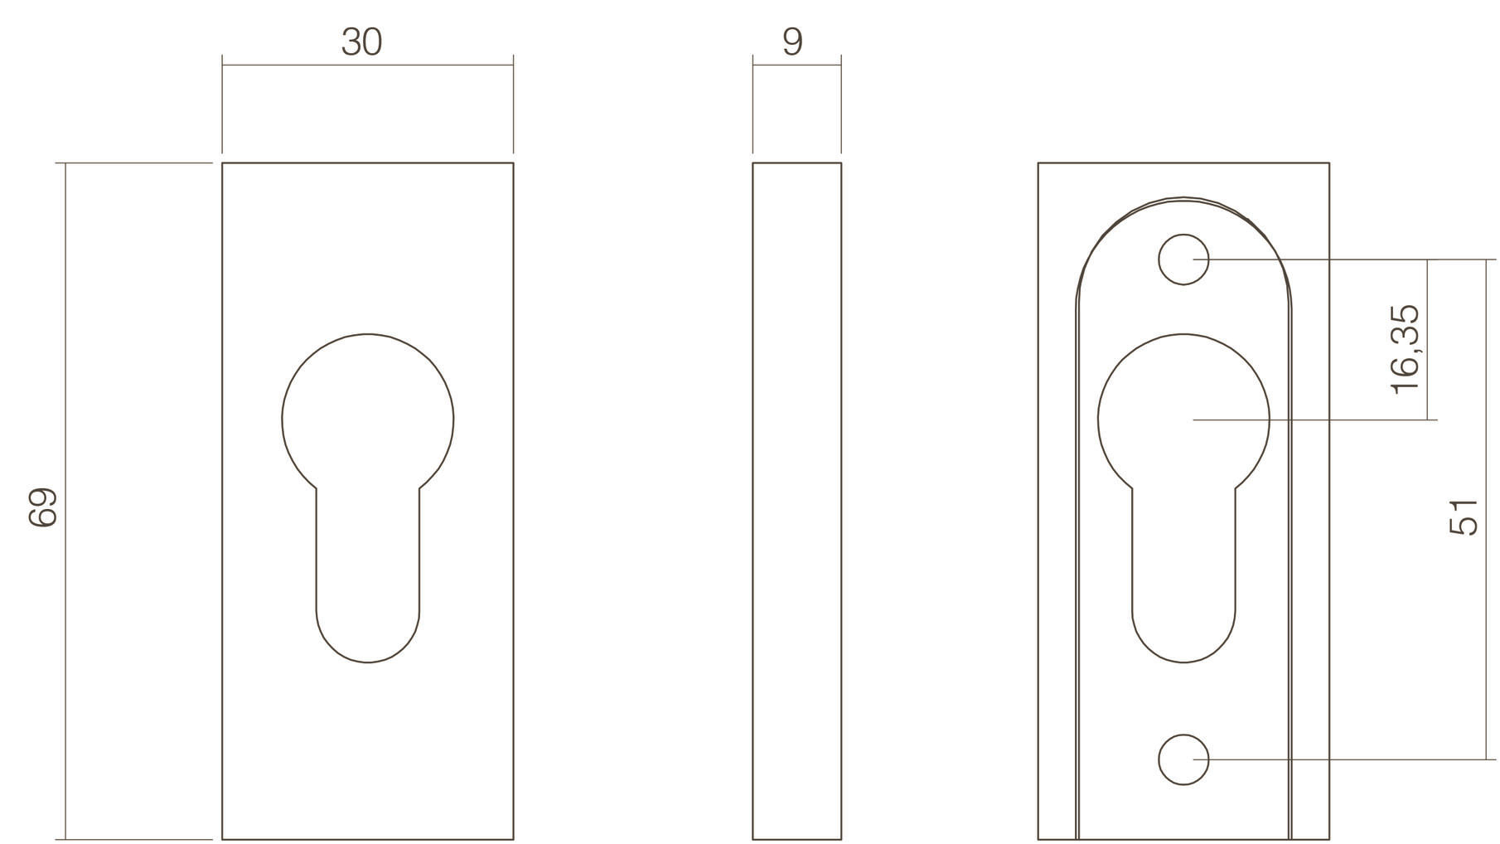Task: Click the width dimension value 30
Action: pyautogui.click(x=361, y=41)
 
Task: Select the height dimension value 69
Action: pyautogui.click(x=42, y=507)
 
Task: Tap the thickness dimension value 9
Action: pyautogui.click(x=792, y=41)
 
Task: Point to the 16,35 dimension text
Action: pyautogui.click(x=1406, y=349)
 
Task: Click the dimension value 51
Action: pyautogui.click(x=1463, y=516)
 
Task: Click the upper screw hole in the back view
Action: pyautogui.click(x=1183, y=260)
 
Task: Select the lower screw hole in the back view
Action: pyautogui.click(x=1183, y=759)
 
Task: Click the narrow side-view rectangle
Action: pyautogui.click(x=796, y=501)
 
